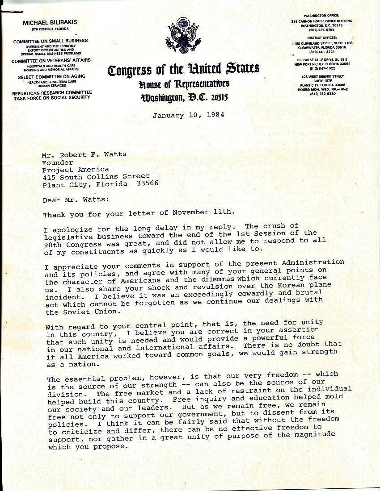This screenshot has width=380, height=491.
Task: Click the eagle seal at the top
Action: tap(184, 36)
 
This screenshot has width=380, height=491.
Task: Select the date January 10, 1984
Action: tap(188, 115)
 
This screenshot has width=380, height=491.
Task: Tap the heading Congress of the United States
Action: tap(183, 69)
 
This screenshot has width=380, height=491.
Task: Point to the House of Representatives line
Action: tap(184, 83)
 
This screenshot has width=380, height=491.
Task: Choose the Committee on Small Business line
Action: tap(50, 41)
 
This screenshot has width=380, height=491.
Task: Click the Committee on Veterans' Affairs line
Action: tap(51, 60)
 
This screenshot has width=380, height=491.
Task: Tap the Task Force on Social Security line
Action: tap(52, 97)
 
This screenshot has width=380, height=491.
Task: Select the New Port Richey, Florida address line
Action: tap(322, 64)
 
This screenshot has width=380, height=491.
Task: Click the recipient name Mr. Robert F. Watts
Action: tap(84, 154)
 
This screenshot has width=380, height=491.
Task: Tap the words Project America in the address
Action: tap(76, 169)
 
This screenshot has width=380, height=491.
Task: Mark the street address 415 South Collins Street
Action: tap(96, 176)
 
